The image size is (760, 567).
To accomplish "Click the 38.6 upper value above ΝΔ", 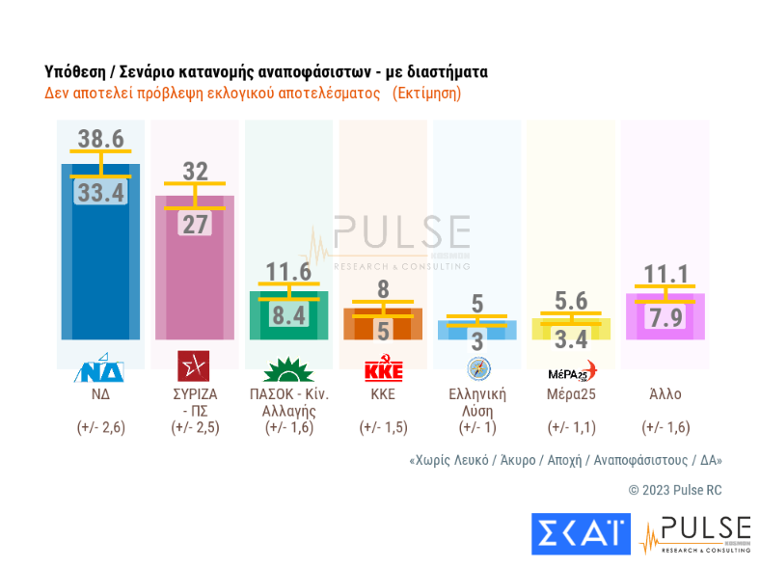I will click(100, 139).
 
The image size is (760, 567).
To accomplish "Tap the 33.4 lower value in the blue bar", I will click(100, 193).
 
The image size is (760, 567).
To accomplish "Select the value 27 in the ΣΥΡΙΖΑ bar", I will click(195, 224).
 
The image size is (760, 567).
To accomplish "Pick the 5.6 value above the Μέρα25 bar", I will click(572, 301).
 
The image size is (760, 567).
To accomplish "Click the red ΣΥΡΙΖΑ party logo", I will click(195, 367).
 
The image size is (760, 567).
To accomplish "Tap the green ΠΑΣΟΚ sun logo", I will click(289, 368).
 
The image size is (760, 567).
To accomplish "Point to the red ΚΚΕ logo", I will click(383, 368).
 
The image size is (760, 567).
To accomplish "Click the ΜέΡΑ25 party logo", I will click(572, 368).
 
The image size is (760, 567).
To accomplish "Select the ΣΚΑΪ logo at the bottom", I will click(580, 533).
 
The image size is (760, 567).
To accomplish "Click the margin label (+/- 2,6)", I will click(100, 427).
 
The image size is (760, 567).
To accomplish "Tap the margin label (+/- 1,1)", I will click(572, 427).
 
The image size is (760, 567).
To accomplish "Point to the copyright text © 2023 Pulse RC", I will click(674, 490).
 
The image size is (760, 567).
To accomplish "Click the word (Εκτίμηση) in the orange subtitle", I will click(426, 94).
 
